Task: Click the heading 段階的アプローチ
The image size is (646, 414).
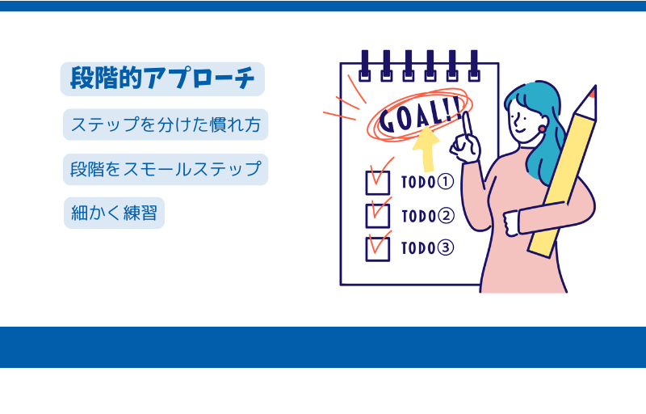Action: coord(162,78)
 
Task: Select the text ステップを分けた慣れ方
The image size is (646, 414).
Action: coord(166,125)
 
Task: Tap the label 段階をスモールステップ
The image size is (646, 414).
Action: coord(166,169)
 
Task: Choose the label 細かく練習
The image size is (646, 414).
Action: coord(114,213)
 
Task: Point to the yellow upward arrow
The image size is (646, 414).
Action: coord(426,150)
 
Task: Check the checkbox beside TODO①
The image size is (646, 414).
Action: coord(378,183)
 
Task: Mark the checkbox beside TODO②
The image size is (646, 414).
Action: coord(378,216)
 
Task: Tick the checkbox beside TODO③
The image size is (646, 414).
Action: coord(378,249)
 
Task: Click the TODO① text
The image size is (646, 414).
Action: coord(428,182)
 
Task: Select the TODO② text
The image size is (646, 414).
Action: coord(428,216)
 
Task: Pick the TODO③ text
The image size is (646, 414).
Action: coord(428,247)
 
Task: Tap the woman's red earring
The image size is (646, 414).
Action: coord(542,129)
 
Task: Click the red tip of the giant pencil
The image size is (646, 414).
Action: coord(593,93)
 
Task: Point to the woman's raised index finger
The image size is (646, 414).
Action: coord(467,124)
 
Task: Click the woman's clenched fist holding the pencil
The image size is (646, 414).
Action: coord(511,223)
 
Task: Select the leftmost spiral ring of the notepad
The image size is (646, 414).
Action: coord(365,65)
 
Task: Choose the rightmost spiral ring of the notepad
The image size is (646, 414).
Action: coord(474,65)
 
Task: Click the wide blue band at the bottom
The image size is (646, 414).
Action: coord(323,347)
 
